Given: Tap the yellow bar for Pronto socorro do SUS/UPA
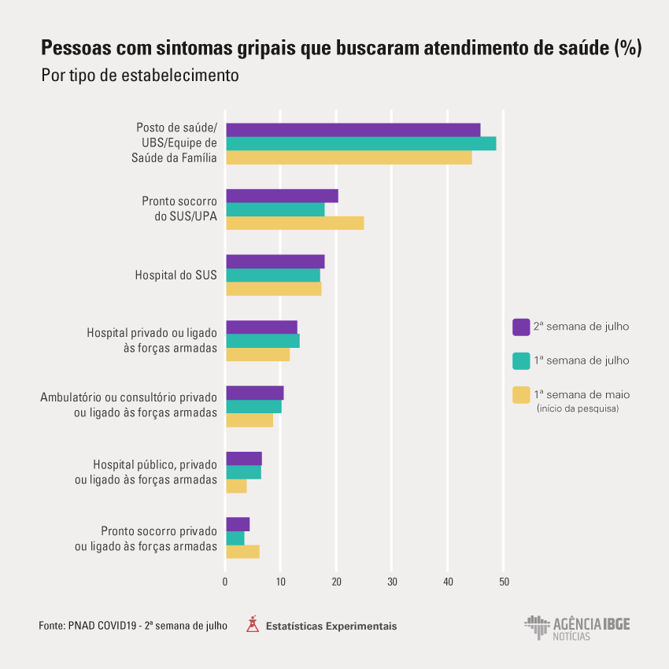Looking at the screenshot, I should click(x=294, y=223).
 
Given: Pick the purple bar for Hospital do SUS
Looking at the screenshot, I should click(x=275, y=261).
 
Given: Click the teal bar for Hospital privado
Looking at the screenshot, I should click(x=262, y=341).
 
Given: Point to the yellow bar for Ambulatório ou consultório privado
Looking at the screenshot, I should click(x=249, y=420).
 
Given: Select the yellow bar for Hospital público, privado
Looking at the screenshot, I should click(x=236, y=486).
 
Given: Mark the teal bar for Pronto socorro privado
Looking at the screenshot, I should click(x=235, y=538).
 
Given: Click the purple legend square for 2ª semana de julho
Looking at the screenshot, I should click(x=520, y=327).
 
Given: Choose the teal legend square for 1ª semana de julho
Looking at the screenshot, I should click(x=520, y=360).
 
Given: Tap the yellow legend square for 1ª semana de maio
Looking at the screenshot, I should click(x=520, y=394).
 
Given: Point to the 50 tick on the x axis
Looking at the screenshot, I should click(x=504, y=582).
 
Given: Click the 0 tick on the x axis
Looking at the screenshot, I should click(x=225, y=582).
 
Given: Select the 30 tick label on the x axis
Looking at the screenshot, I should click(x=392, y=582).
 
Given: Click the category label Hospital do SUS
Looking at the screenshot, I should click(x=176, y=275).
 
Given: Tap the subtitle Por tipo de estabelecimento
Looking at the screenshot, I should click(x=139, y=76).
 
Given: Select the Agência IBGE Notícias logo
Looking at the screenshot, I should click(x=577, y=627).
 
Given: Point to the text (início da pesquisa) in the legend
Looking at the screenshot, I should click(x=577, y=409).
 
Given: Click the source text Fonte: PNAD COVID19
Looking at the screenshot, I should click(x=133, y=626).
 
